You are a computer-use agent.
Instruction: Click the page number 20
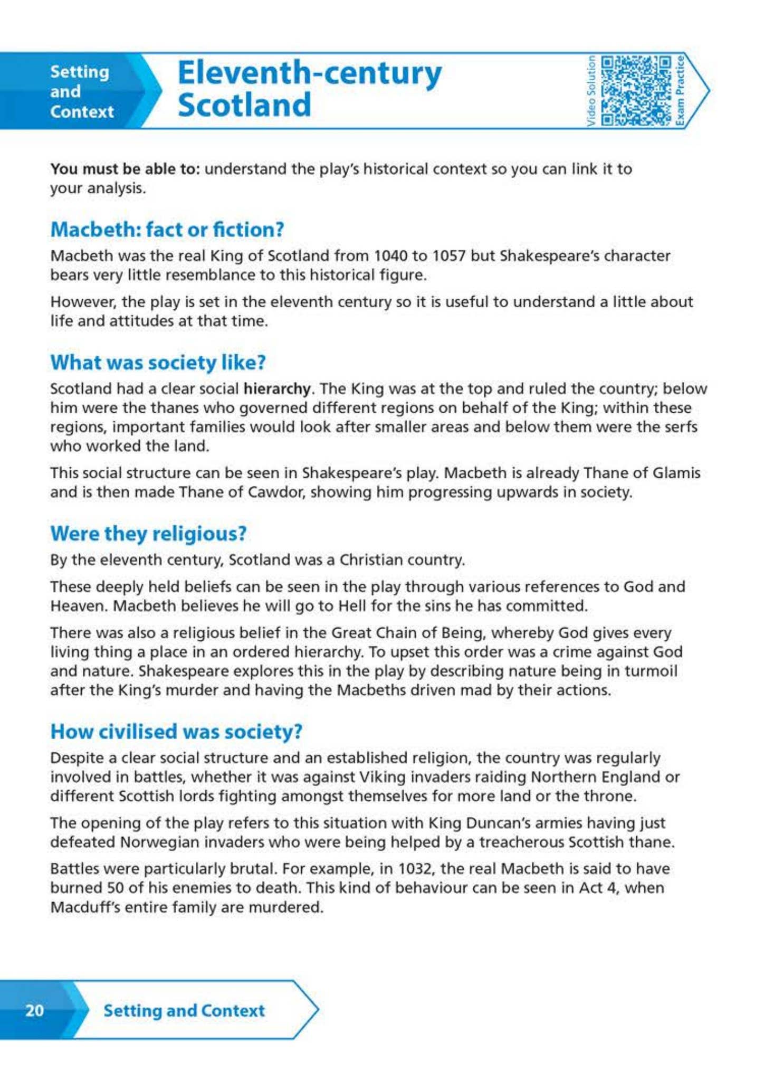coord(35,1010)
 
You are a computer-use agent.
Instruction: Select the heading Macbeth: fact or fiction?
coord(167,229)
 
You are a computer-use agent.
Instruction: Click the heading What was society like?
coord(158,362)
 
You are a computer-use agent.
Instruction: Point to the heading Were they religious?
coord(148,533)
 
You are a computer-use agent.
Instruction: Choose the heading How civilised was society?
coord(176,731)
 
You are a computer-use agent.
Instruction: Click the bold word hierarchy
coord(276,388)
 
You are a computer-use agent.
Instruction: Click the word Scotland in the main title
coord(244,105)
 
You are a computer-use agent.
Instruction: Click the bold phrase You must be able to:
coord(125,169)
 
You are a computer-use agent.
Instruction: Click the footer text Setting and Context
coord(184,1010)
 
